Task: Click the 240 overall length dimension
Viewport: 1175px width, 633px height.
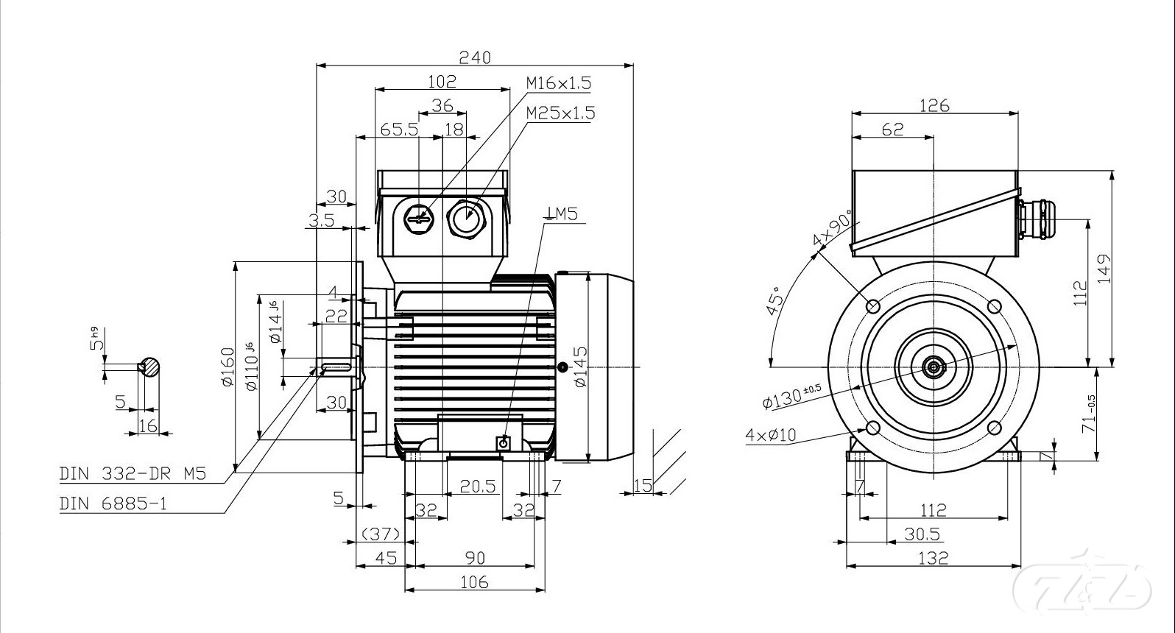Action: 475,57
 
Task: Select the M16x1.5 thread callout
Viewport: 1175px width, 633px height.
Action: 559,83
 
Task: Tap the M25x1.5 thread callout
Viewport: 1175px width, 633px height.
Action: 560,113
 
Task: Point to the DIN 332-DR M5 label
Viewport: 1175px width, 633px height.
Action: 133,474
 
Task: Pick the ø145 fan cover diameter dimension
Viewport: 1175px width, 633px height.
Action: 580,367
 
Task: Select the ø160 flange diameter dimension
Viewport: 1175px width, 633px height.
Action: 227,367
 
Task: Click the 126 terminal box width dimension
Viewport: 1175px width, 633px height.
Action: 934,105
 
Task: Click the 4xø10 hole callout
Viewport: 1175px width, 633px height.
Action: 771,435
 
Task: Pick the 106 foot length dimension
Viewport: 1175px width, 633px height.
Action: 474,581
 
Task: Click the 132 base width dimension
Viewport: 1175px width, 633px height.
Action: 934,558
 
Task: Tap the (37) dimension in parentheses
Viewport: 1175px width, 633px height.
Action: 382,533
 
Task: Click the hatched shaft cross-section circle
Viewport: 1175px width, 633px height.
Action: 150,367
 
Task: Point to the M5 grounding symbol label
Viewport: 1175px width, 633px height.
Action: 562,214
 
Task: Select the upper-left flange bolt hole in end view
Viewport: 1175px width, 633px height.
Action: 873,305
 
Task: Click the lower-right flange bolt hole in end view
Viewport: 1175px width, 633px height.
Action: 994,428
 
